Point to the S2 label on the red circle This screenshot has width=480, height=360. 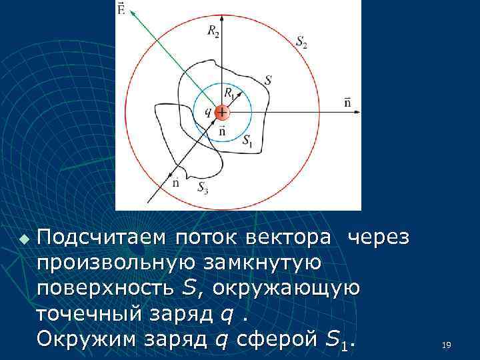[301, 41]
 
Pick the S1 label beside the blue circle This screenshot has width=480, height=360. [247, 141]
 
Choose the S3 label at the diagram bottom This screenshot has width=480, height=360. [203, 188]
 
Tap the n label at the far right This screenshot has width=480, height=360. [348, 102]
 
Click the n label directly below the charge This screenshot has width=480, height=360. [222, 131]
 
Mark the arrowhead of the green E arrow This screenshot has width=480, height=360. [134, 13]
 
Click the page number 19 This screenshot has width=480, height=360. [446, 345]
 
